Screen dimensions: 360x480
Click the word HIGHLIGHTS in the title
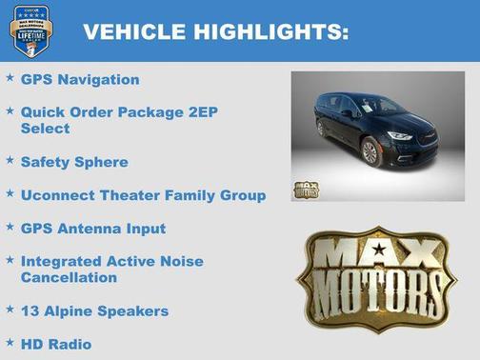tap(270, 31)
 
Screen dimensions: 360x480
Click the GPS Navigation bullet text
tap(80, 79)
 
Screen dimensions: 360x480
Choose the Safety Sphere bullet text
tap(73, 162)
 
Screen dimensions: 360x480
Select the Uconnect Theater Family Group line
tap(143, 195)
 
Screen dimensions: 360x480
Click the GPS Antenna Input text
tap(92, 229)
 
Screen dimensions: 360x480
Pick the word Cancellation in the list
tap(69, 277)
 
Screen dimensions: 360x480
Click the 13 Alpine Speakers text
tap(94, 310)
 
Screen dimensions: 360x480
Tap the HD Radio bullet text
tap(56, 343)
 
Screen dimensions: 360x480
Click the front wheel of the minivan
tap(371, 152)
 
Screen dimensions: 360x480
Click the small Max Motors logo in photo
tap(306, 189)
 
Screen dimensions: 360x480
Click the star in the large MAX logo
tap(380, 250)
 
